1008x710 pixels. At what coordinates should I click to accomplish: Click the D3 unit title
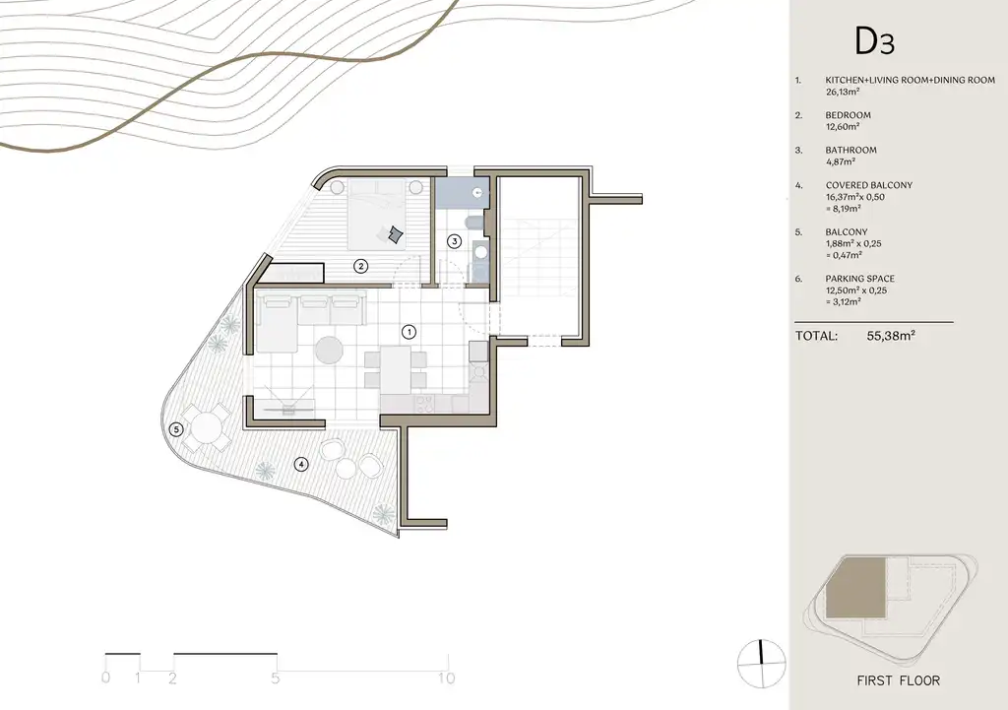point(874,41)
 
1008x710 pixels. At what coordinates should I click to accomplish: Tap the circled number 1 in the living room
point(409,332)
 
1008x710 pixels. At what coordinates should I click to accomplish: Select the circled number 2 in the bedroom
point(360,265)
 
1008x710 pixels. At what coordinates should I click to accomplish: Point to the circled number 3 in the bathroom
point(455,241)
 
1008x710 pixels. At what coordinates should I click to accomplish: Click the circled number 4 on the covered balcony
point(300,464)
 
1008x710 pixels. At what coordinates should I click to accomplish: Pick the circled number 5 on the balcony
point(176,429)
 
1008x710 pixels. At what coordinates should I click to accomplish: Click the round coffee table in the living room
point(329,351)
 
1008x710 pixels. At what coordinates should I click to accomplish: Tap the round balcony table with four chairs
point(206,427)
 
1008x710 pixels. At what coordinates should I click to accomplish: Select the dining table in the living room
point(396,370)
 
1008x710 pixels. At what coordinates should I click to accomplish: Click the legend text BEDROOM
point(848,115)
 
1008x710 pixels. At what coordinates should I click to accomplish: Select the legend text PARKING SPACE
point(860,279)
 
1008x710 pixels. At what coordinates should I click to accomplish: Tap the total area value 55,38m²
point(891,335)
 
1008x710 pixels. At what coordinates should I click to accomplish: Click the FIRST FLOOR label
point(898,680)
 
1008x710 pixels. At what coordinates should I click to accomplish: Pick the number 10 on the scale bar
point(446,678)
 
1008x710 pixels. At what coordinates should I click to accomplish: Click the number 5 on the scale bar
point(276,678)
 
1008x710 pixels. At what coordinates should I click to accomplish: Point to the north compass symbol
point(762,663)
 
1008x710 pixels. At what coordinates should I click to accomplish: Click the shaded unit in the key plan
point(855,588)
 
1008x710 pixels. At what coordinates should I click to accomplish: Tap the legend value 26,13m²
point(843,92)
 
